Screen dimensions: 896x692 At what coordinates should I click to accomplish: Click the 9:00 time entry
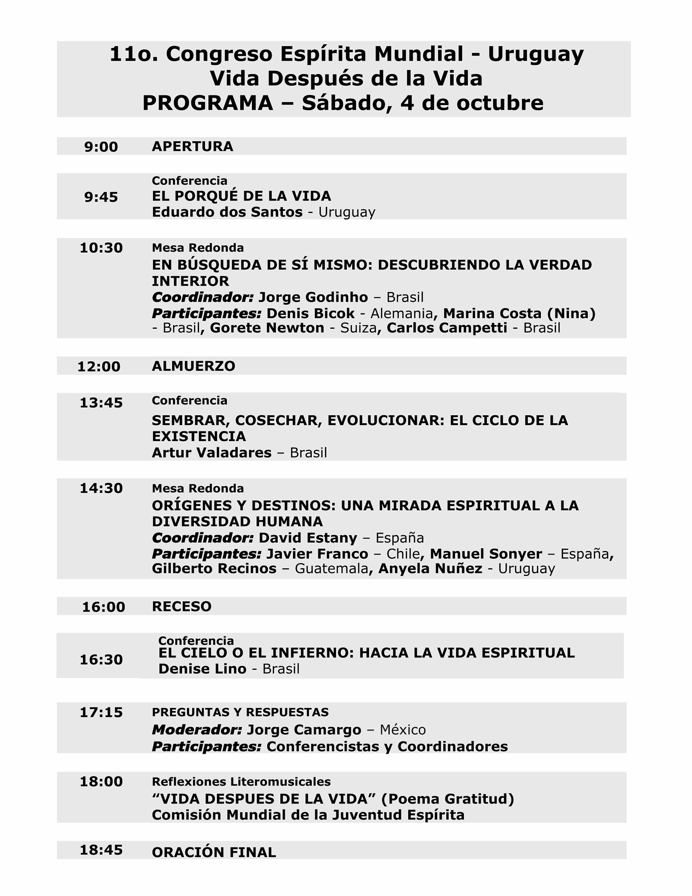pyautogui.click(x=101, y=147)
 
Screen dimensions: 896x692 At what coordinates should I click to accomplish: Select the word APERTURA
pyautogui.click(x=192, y=147)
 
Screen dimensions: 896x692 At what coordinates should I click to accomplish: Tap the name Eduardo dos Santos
pyautogui.click(x=227, y=212)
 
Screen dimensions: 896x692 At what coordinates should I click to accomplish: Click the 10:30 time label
pyautogui.click(x=101, y=248)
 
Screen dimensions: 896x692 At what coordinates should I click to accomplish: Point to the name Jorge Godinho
pyautogui.click(x=313, y=297)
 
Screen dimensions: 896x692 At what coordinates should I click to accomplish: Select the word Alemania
pyautogui.click(x=402, y=313)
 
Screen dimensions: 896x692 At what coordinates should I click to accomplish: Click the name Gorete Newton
pyautogui.click(x=267, y=328)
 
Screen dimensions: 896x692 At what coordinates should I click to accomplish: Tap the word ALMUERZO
pyautogui.click(x=193, y=366)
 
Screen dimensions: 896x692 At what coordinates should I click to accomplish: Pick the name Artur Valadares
pyautogui.click(x=211, y=453)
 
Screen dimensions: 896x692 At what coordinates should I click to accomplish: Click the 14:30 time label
pyautogui.click(x=101, y=489)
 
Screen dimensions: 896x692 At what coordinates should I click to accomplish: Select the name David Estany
pyautogui.click(x=308, y=538)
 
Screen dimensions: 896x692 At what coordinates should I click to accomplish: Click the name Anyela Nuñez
pyautogui.click(x=430, y=569)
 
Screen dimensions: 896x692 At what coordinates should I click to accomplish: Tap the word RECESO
pyautogui.click(x=182, y=607)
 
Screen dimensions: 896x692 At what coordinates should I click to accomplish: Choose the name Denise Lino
pyautogui.click(x=202, y=669)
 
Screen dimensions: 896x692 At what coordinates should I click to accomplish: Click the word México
pyautogui.click(x=402, y=730)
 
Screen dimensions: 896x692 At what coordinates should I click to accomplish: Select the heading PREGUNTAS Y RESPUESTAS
pyautogui.click(x=240, y=712)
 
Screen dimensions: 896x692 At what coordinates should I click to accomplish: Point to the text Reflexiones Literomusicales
pyautogui.click(x=241, y=782)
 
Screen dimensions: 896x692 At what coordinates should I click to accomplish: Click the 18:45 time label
pyautogui.click(x=101, y=850)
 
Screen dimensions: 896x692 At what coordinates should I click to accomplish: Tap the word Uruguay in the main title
pyautogui.click(x=536, y=54)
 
